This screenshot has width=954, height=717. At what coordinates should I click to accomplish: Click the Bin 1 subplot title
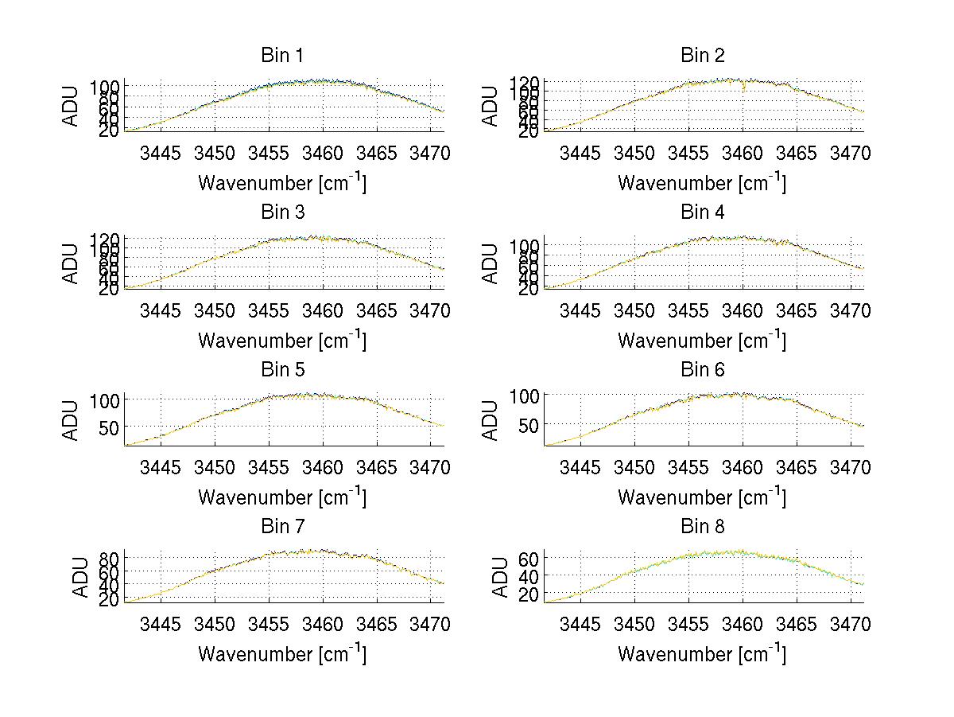pos(281,56)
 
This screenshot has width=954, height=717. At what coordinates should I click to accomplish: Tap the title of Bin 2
pos(702,56)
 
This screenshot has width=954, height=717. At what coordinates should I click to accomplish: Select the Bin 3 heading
pos(281,212)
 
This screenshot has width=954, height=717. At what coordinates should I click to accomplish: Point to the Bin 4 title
pos(702,212)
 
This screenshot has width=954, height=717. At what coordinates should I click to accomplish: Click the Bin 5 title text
pos(281,370)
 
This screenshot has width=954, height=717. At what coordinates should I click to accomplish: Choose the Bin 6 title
pos(702,370)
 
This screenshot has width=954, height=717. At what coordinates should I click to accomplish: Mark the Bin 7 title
pos(281,527)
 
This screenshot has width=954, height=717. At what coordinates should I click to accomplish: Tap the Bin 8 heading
pos(702,527)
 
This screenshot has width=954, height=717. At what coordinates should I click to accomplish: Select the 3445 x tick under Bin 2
pos(580,153)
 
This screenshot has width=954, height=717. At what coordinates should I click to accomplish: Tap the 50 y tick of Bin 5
pos(109,427)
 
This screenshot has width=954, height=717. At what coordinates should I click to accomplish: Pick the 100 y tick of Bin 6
pos(525,396)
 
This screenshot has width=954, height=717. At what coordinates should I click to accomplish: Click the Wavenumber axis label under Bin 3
pos(281,340)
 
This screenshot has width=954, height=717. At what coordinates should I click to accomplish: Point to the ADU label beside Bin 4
pos(491,263)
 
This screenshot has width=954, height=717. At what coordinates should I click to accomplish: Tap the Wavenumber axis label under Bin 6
pos(702,497)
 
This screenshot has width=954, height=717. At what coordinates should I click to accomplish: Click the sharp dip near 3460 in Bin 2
pos(744,88)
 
